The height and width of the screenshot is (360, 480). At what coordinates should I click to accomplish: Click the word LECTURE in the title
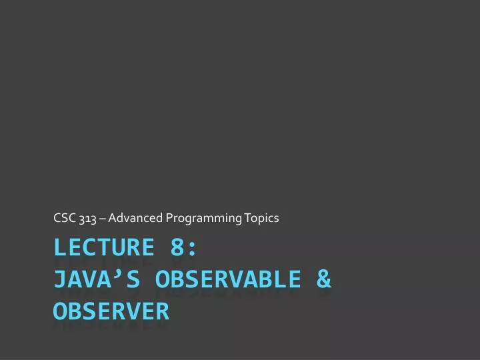(x=103, y=247)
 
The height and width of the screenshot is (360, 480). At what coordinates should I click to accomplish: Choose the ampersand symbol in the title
(x=323, y=279)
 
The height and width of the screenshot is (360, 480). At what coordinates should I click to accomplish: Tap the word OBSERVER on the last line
(x=111, y=311)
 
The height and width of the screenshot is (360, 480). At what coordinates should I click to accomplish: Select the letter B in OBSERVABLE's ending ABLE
(x=265, y=279)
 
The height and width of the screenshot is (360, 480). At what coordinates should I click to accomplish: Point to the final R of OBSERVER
(x=162, y=311)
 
